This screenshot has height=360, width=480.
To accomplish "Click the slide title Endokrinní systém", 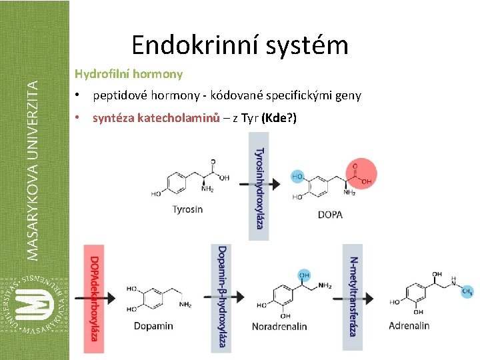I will click(x=240, y=45).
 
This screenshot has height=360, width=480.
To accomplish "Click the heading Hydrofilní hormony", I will click(x=128, y=73).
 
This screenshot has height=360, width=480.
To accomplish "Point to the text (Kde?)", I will click(x=279, y=118).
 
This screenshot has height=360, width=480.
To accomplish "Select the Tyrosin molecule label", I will click(x=187, y=209).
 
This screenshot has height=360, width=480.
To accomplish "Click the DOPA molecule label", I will click(x=331, y=215).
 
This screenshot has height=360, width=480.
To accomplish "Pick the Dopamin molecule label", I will click(x=153, y=326).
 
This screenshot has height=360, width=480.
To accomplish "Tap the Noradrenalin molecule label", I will click(x=279, y=327).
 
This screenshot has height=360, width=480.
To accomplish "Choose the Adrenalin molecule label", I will click(x=409, y=326).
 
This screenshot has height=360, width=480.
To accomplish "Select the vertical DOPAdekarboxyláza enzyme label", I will click(x=95, y=298).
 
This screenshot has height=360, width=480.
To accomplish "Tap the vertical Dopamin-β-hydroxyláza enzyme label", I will click(x=222, y=298).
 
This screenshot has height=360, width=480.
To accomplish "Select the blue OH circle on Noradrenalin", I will click(x=304, y=275).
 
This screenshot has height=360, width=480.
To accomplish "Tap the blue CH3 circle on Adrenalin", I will click(x=467, y=291).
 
